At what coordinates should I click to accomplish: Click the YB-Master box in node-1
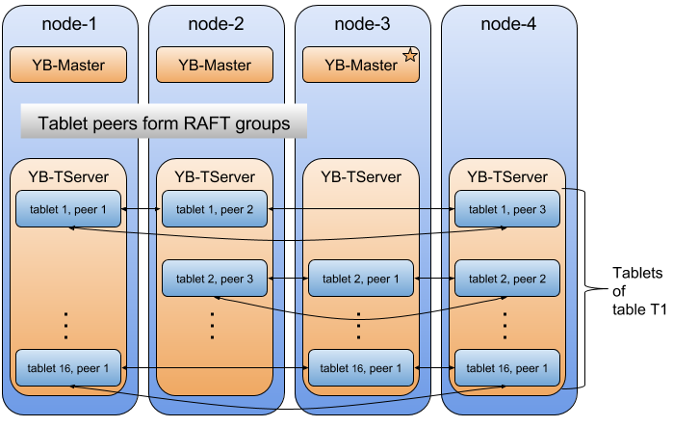click(x=68, y=66)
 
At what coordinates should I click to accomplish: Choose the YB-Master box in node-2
click(x=215, y=66)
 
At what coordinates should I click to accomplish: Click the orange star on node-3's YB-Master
click(x=409, y=56)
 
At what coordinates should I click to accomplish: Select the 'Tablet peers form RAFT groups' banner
click(x=164, y=122)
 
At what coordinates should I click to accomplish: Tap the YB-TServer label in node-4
click(x=507, y=176)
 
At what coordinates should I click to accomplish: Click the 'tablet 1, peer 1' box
click(x=68, y=209)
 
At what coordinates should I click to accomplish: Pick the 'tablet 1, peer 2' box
click(x=215, y=209)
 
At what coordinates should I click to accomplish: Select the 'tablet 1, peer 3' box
click(x=507, y=209)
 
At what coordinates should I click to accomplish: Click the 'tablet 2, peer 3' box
click(x=215, y=279)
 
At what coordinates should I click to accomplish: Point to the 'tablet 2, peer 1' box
click(x=361, y=279)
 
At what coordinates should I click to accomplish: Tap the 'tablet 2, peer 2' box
click(x=507, y=279)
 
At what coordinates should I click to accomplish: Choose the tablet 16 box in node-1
click(x=68, y=367)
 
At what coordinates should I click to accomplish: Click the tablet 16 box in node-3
click(x=361, y=367)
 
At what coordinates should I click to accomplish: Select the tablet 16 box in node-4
click(x=507, y=367)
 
